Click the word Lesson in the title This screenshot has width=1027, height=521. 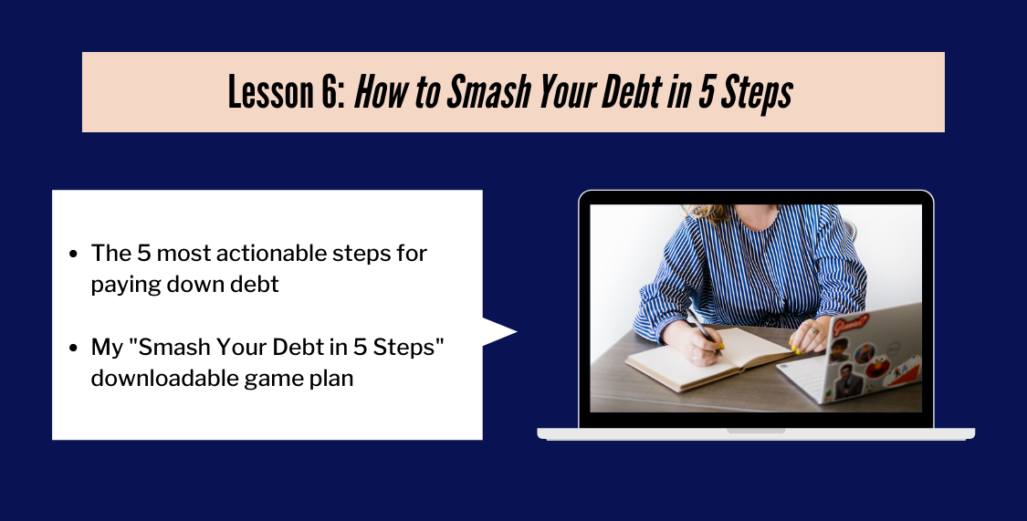[x=271, y=91]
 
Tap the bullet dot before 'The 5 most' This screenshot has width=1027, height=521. [x=73, y=254]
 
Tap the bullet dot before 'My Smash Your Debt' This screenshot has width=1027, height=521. [x=73, y=348]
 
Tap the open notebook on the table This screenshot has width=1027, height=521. [x=708, y=358]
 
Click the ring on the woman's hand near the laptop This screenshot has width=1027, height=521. [x=813, y=330]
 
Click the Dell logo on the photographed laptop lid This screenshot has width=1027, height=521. [x=895, y=348]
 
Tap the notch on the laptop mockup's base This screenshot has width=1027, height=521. [x=756, y=431]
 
